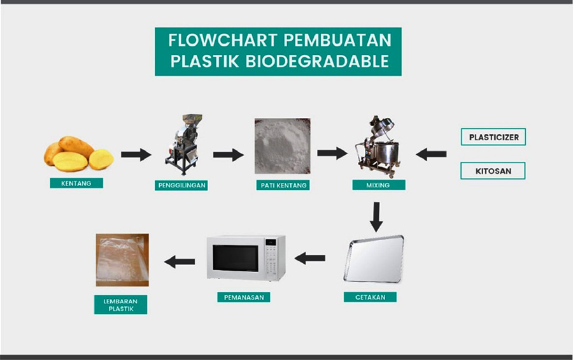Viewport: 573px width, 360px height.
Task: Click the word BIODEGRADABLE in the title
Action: coord(317,61)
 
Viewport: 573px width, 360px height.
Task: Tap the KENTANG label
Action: coord(76,183)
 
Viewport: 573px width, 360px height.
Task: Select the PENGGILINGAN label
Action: coord(181,185)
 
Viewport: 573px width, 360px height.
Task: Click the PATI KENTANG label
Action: coord(283,185)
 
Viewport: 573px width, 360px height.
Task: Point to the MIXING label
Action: coord(379,185)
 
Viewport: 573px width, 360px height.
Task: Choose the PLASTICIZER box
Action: coord(493,137)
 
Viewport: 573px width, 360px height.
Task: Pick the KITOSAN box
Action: coord(493,171)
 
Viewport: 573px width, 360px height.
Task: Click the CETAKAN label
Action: coord(370,297)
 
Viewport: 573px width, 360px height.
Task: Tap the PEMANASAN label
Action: coord(244,297)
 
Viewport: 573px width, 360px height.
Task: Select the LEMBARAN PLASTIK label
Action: coord(120,305)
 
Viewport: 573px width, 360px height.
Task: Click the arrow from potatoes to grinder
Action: coord(136,154)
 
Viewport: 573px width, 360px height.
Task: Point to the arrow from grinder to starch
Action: coord(229,155)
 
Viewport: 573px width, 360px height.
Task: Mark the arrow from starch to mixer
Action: coord(332,153)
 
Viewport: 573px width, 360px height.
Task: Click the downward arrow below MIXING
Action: coord(376,217)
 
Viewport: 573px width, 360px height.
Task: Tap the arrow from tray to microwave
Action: coord(310,258)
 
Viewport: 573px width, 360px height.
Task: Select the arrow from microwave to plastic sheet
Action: coord(180,262)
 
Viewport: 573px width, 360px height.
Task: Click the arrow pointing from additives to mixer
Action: coord(431,154)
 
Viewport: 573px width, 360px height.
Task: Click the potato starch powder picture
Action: coord(283,146)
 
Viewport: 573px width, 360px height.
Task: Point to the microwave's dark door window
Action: coord(236,258)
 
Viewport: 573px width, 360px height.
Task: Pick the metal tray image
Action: coord(374,259)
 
